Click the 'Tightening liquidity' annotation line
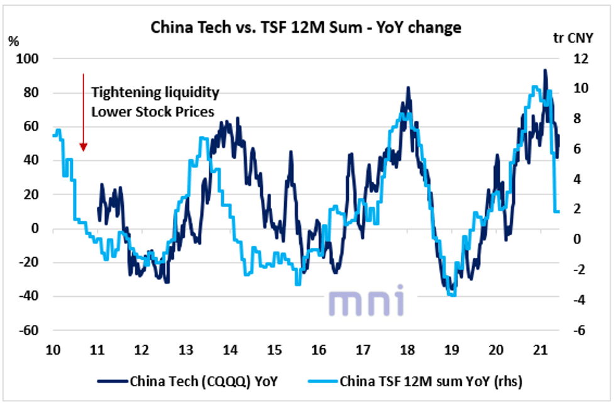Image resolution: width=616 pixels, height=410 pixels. pos(156,93)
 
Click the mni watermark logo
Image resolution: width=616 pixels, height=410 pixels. pos(366,301)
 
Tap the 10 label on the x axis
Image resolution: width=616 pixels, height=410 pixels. pos(52,350)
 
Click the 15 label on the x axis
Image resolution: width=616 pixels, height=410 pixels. pos(274,350)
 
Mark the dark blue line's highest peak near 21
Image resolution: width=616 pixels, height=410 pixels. pos(545,70)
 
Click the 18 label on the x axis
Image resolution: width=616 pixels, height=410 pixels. pos(407,350)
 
